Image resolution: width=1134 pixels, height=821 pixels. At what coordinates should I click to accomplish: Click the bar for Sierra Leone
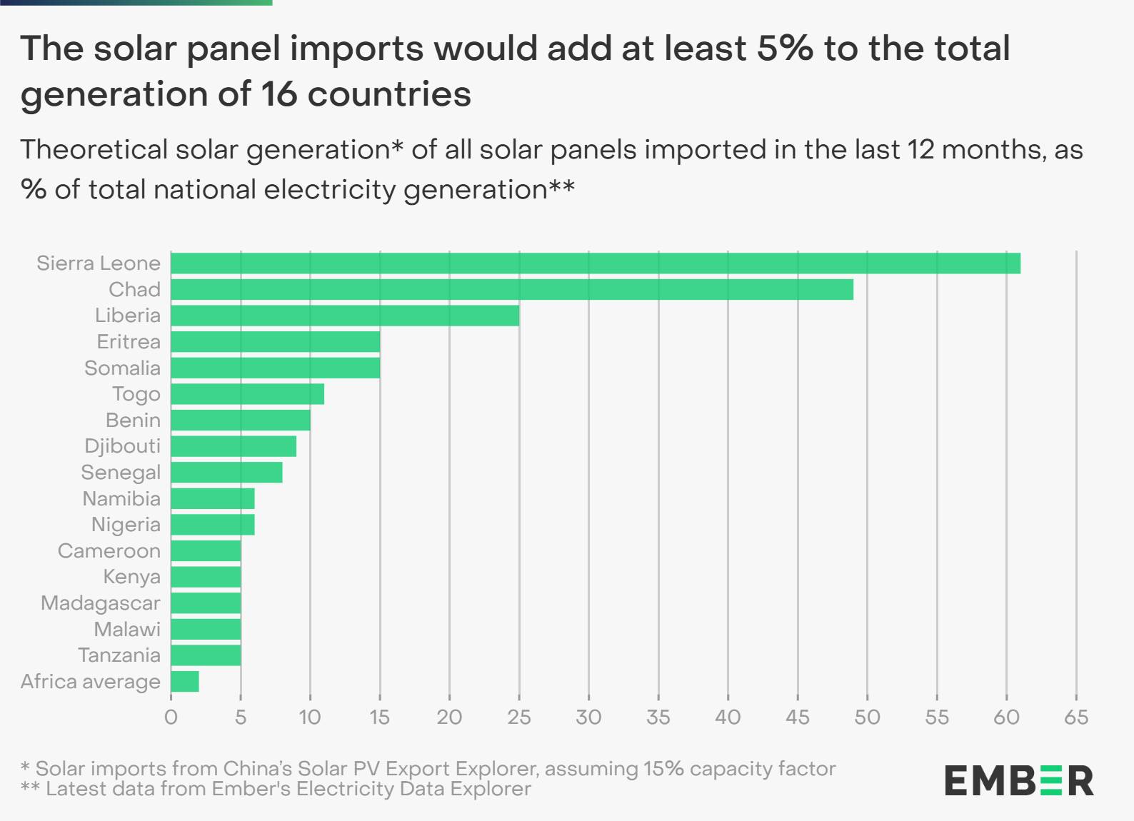click(x=596, y=263)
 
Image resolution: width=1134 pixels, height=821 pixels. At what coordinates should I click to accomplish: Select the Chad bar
click(x=512, y=289)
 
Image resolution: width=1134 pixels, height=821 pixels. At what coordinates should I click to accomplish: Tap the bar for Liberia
click(x=345, y=316)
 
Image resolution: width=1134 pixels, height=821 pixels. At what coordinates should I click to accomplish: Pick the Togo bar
click(x=248, y=394)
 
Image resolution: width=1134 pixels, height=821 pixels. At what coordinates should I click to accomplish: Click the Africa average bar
click(x=185, y=682)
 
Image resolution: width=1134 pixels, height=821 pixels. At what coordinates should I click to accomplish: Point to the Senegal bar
click(x=226, y=473)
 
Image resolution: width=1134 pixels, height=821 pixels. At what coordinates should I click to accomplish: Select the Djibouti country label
click(x=122, y=446)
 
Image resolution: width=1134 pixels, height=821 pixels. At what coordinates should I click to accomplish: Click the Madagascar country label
click(x=101, y=603)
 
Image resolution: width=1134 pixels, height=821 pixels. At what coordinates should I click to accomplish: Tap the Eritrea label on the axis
click(x=129, y=342)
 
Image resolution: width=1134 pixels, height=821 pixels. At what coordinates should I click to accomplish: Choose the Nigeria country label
click(x=126, y=525)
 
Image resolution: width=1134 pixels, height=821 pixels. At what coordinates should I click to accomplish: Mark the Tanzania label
click(x=119, y=655)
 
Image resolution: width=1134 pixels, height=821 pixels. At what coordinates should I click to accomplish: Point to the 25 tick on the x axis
click(x=519, y=717)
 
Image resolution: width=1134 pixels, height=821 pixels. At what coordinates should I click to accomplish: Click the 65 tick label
click(x=1076, y=717)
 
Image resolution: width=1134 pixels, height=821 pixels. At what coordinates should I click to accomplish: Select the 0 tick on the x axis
click(x=171, y=717)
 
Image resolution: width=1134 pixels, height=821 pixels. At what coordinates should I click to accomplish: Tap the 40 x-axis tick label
click(x=728, y=717)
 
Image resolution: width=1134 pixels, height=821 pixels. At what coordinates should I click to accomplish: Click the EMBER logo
click(x=1019, y=781)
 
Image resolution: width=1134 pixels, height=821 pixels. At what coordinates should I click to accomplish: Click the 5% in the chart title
click(x=785, y=49)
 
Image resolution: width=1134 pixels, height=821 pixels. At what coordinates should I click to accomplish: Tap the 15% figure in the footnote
click(x=663, y=769)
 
